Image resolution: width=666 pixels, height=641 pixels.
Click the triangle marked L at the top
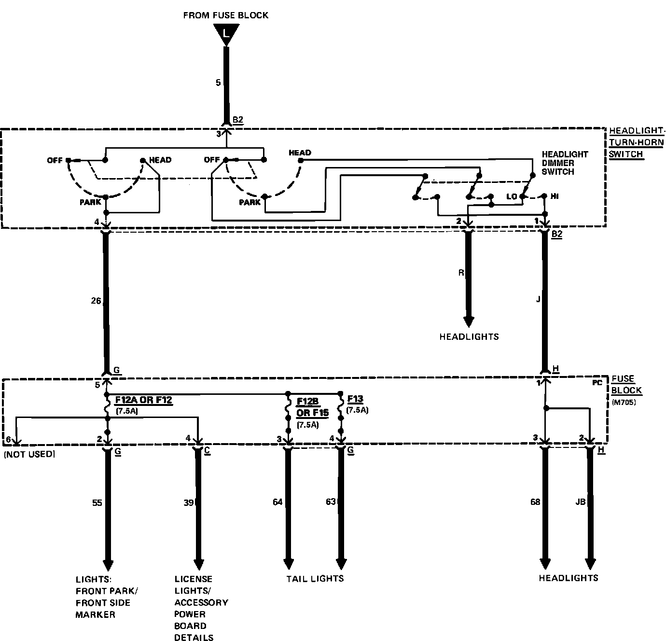pos(225,34)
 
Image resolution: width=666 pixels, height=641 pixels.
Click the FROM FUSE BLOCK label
pos(225,15)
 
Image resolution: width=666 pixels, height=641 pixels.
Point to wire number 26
pos(96,301)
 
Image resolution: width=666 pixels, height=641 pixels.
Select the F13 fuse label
pos(355,399)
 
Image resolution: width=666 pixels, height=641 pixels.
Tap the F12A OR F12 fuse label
pos(143,400)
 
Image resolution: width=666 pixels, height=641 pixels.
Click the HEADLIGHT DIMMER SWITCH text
pos(564,163)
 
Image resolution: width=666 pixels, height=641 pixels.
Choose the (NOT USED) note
pos(29,454)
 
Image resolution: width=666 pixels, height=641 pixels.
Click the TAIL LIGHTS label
pos(315,578)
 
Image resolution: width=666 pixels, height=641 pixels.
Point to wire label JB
pos(581,502)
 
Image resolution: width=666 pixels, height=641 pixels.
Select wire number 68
pos(535,502)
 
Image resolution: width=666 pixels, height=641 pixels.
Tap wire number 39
pos(189,503)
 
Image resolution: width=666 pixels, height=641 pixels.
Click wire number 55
pos(97,503)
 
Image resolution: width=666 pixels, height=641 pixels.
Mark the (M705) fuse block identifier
pos(624,402)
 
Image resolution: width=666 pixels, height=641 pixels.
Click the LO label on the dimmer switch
pos(512,196)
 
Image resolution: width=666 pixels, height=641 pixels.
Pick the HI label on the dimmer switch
pos(555,196)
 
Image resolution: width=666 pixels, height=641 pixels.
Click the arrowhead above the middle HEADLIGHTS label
pos(469,321)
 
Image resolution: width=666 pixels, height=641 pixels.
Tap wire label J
pos(538,299)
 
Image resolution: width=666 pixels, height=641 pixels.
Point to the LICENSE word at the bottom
pos(193,579)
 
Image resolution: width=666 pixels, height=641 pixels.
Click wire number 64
pos(277,502)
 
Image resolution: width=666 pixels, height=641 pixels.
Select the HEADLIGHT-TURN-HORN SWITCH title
pos(637,142)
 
